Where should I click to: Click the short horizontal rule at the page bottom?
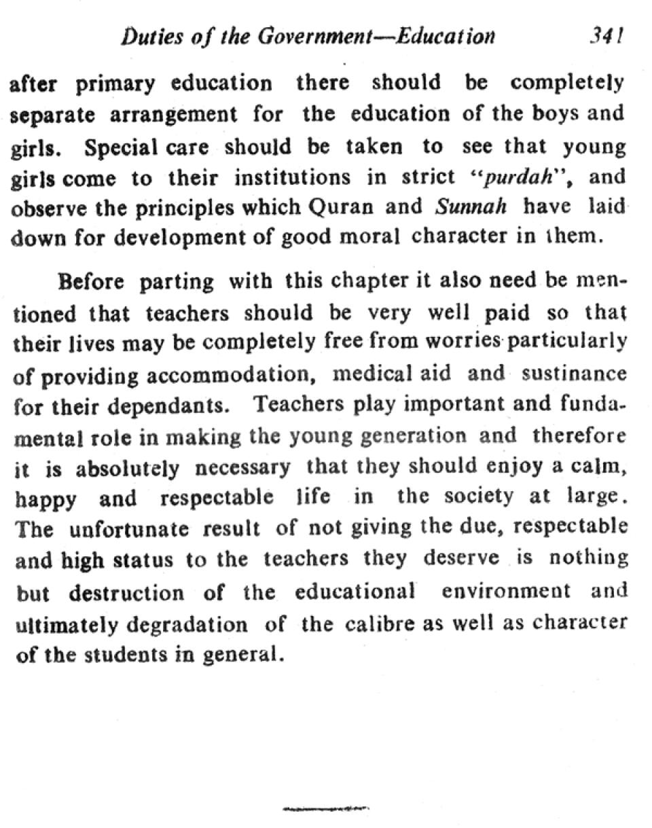coord(325,809)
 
